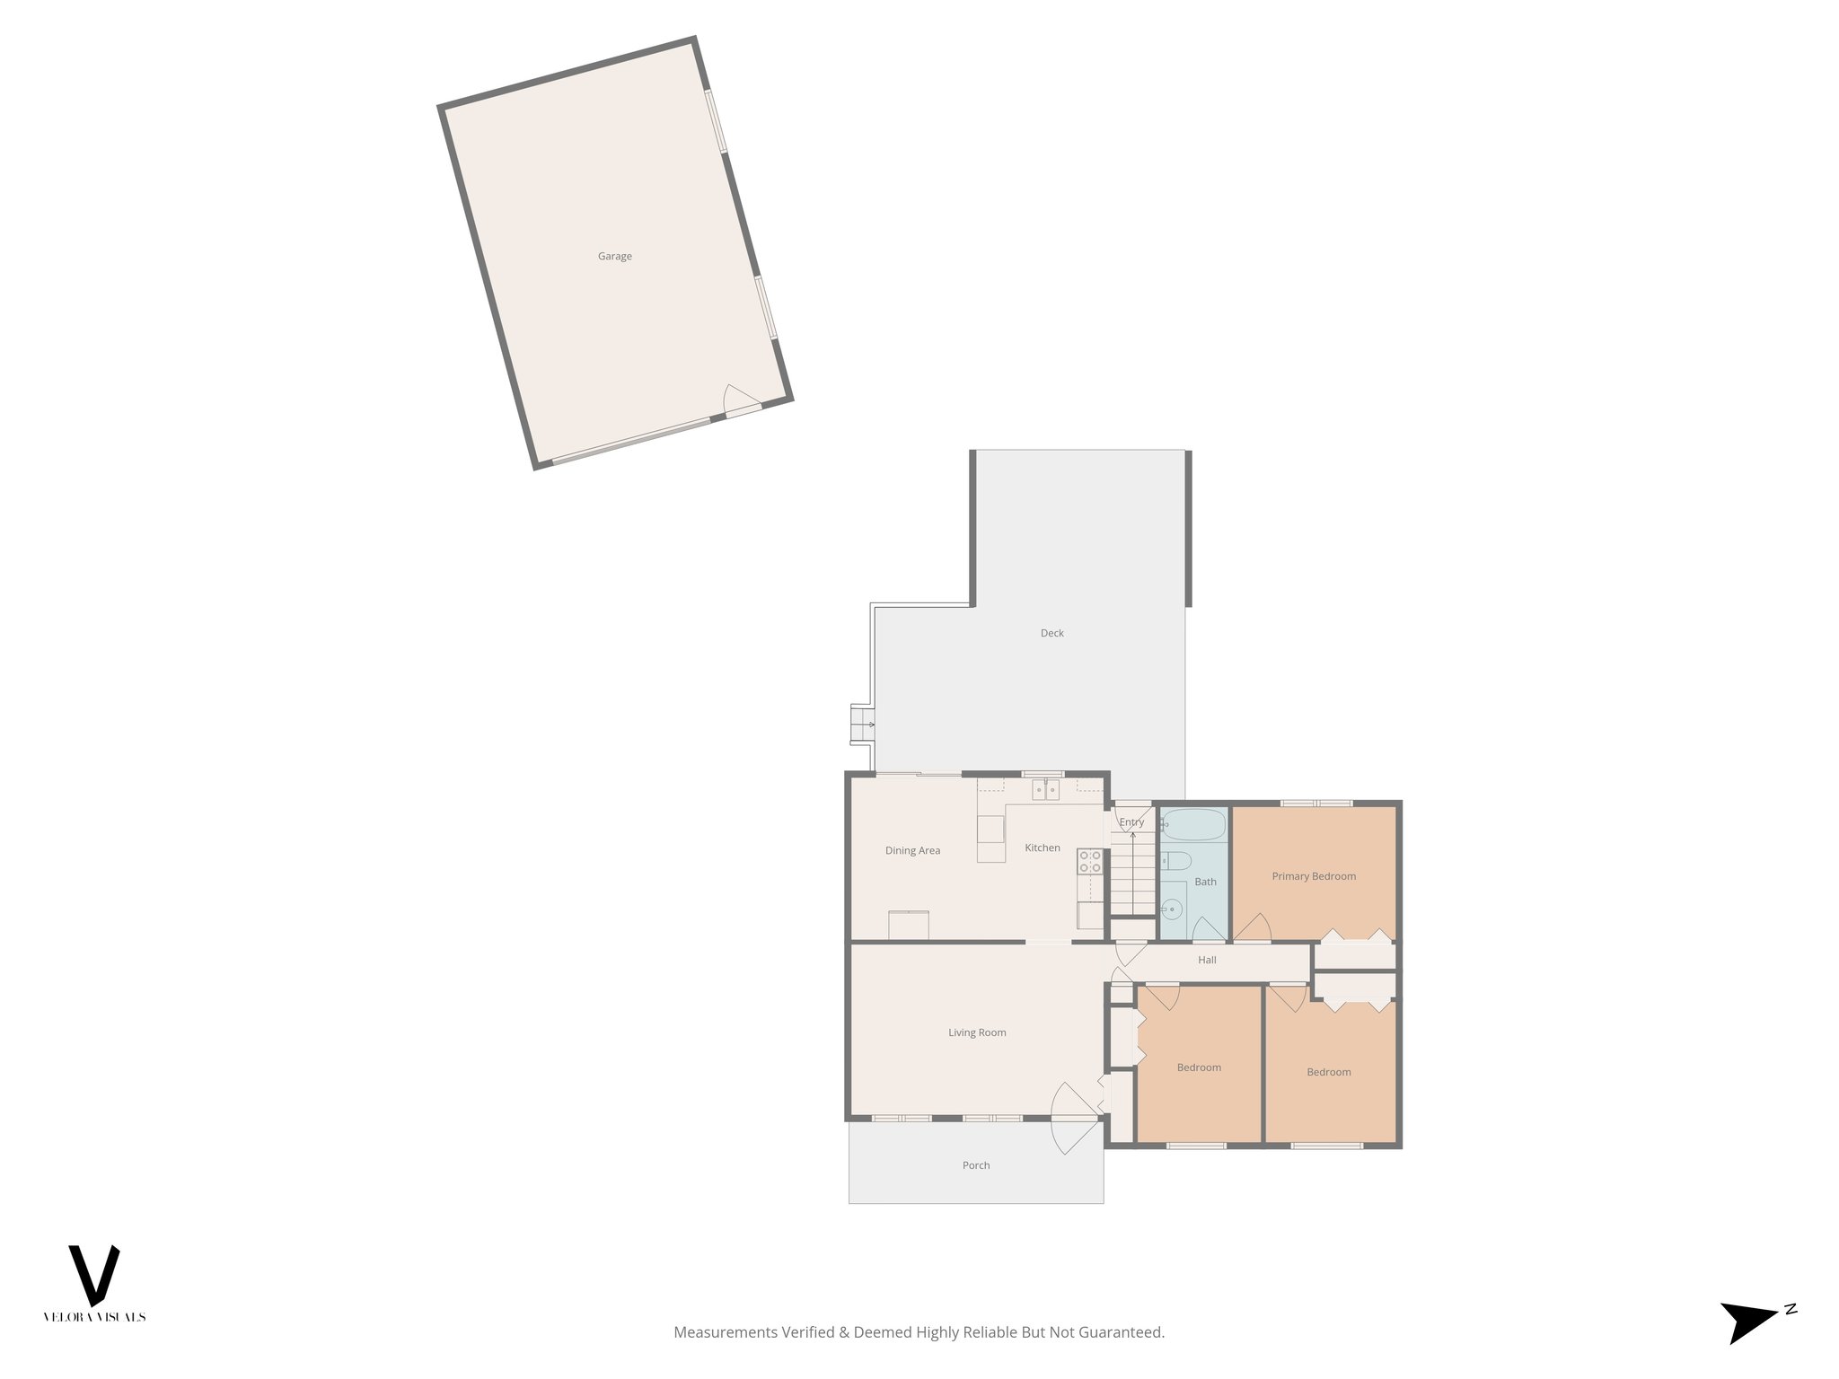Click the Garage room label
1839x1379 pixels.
pos(615,257)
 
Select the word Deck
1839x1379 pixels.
pos(1051,633)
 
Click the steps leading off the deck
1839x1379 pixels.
pos(863,724)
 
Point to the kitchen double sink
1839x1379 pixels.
pos(1045,790)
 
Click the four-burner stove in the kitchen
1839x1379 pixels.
pos(1090,862)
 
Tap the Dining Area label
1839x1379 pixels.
pos(912,850)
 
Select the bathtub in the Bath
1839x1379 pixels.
pos(1193,824)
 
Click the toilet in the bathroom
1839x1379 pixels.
pos(1175,862)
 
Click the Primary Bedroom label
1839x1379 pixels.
pos(1314,876)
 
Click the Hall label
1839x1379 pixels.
pos(1207,960)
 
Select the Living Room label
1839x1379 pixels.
pos(977,1032)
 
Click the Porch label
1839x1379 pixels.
pos(976,1165)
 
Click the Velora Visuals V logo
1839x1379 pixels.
pos(94,1275)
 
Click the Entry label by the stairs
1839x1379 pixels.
pos(1131,821)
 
